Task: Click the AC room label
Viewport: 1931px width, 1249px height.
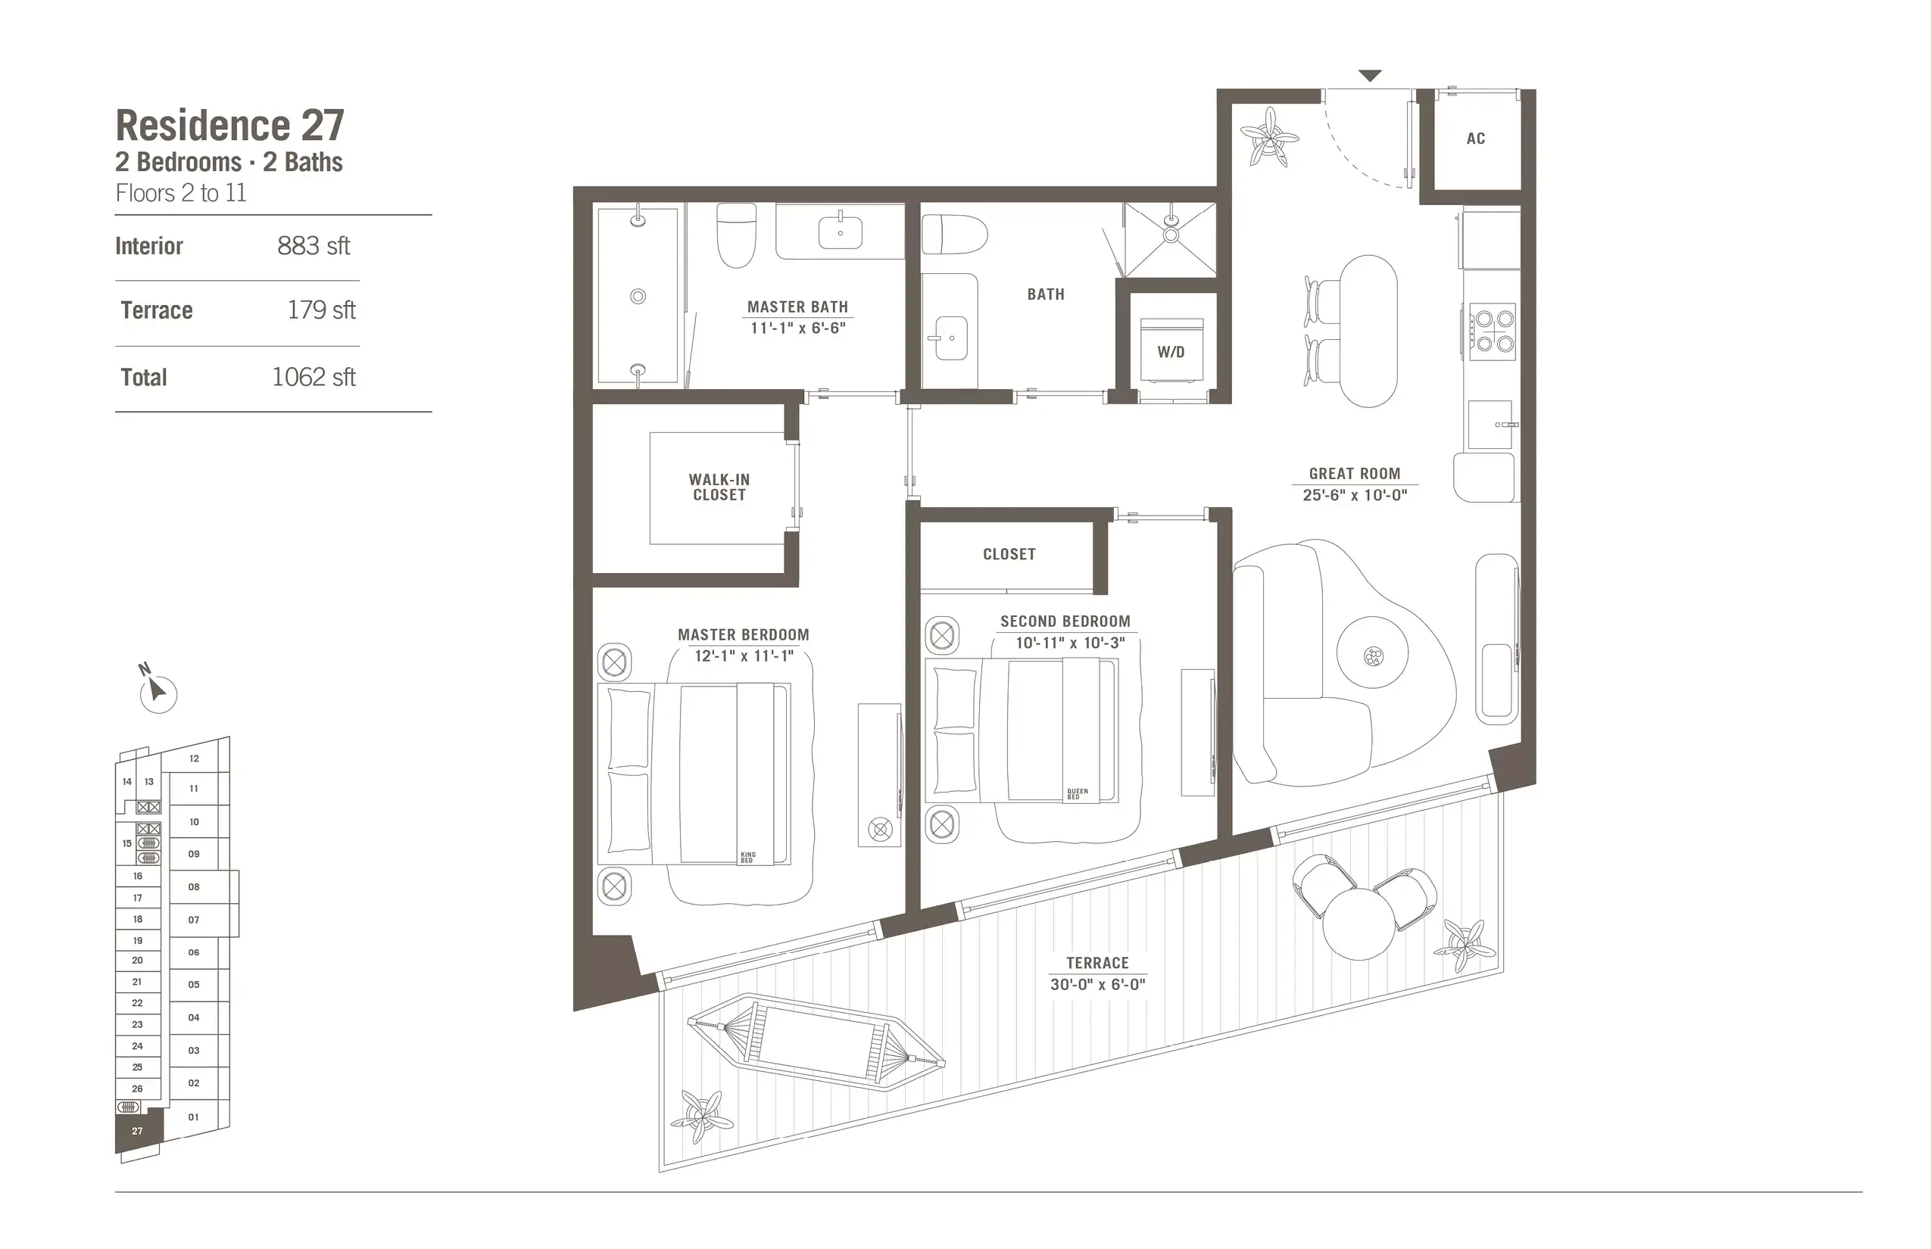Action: click(1475, 139)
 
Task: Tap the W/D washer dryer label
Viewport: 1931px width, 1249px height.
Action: click(1171, 352)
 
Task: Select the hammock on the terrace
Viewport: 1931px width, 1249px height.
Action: click(816, 1042)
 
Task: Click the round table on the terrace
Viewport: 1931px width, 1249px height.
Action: click(1359, 924)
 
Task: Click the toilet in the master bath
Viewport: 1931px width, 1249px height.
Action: click(737, 235)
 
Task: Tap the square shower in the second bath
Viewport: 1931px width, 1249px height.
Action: click(1171, 238)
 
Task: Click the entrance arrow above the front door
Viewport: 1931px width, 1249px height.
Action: click(1370, 76)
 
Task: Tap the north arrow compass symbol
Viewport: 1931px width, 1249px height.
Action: click(157, 691)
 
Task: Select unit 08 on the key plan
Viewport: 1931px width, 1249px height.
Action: click(195, 886)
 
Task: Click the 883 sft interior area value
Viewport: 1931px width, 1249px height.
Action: click(314, 246)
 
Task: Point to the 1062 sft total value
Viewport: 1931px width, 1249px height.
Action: click(314, 377)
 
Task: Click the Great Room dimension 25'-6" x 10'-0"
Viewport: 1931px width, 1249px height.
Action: click(1354, 495)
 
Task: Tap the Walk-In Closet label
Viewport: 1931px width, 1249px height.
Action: click(719, 487)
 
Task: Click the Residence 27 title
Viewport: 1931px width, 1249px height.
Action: click(229, 126)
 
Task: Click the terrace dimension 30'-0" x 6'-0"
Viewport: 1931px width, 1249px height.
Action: click(1097, 984)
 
